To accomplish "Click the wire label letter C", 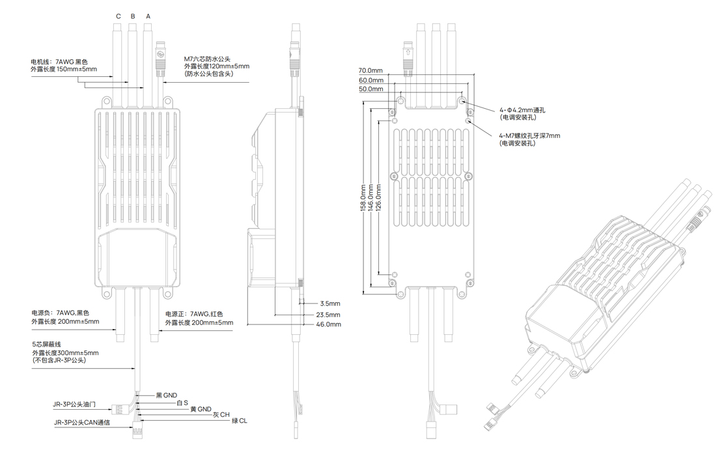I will point(119,16).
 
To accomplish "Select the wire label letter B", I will point(133,16).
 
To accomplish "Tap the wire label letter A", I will point(148,16).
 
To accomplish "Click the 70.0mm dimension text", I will point(370,70).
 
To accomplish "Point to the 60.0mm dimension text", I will point(370,80).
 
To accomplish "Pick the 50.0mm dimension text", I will point(370,89).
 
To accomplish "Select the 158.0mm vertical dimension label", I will point(363,195).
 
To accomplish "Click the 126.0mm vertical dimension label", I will point(379,195).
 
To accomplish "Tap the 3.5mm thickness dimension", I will point(330,304).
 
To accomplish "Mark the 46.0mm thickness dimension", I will point(329,324).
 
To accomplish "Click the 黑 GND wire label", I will point(166,395).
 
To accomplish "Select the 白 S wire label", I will point(182,403).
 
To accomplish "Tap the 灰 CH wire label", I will point(221,414).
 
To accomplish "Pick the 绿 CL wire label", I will point(239,421).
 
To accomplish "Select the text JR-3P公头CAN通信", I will point(82,422).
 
